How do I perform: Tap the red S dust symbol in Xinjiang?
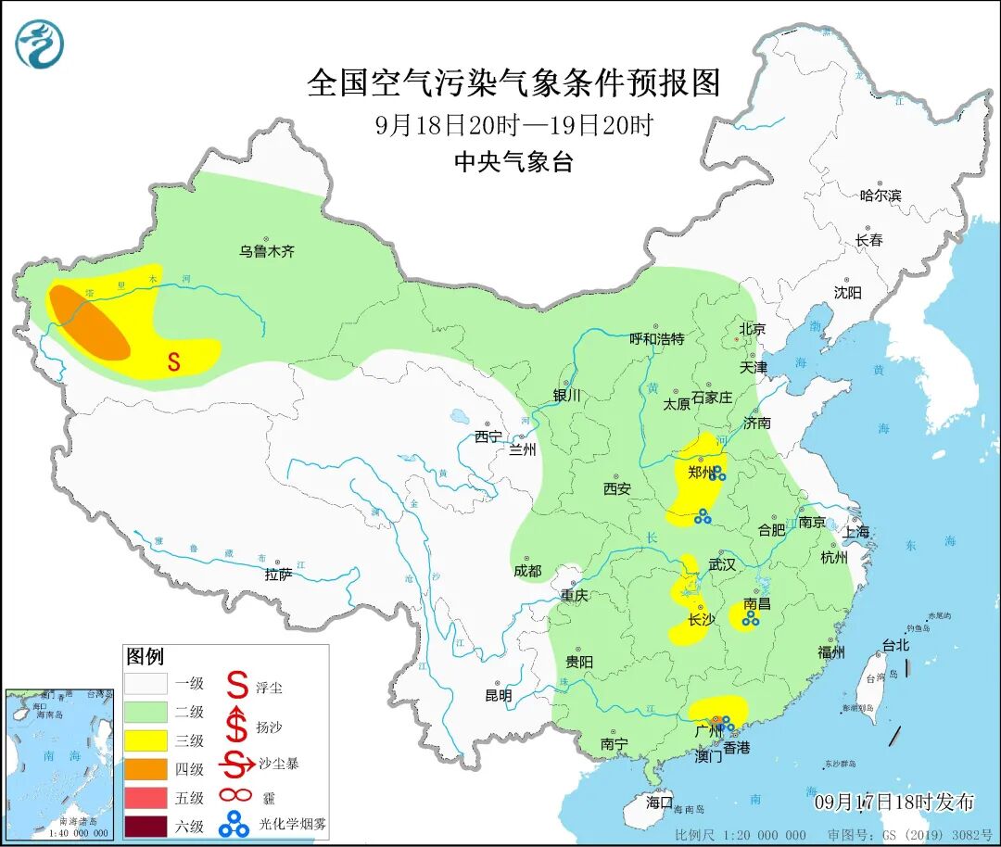[x=173, y=362]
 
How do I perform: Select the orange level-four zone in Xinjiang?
[x=89, y=322]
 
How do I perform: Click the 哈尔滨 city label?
[x=880, y=195]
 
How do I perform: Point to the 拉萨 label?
[x=278, y=575]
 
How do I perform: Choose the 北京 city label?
[x=752, y=329]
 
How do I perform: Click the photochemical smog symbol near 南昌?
[x=750, y=618]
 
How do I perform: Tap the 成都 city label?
[x=526, y=571]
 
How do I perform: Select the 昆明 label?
[x=498, y=694]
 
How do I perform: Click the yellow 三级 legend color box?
[x=146, y=740]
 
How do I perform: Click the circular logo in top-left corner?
[x=40, y=43]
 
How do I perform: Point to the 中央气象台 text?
[x=513, y=162]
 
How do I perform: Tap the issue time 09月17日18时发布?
[x=893, y=802]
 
